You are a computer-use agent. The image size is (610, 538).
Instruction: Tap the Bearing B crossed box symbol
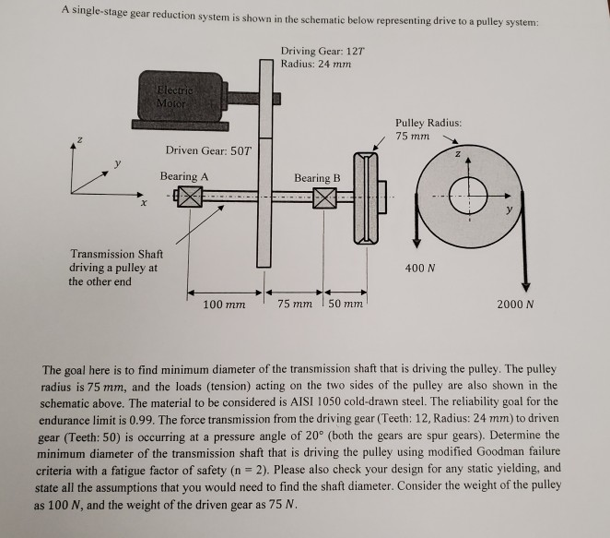coord(324,197)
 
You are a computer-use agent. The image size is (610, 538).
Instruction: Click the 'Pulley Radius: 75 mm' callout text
coord(428,129)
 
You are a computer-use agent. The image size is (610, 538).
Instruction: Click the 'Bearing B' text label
coord(317,177)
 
